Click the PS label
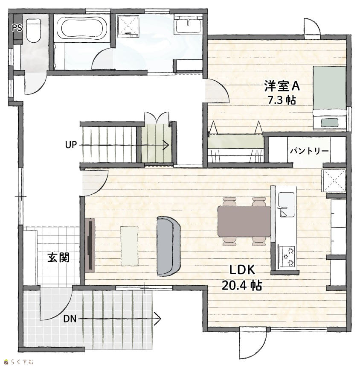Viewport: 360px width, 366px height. (17, 28)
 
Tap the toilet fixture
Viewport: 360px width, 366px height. (34, 31)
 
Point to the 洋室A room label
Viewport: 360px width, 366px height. (282, 86)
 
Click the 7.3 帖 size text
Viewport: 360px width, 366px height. (282, 100)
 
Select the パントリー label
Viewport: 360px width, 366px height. (309, 151)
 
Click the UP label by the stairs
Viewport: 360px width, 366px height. (71, 145)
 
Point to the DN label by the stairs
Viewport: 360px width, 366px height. (70, 319)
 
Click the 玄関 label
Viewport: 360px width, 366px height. (58, 257)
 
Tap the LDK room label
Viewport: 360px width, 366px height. (242, 270)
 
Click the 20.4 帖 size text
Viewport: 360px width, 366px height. (242, 285)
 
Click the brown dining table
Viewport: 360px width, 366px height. (244, 221)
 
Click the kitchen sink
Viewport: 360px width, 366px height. (286, 205)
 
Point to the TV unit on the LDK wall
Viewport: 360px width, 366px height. (90, 245)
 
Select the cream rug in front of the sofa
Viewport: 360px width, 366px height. (129, 246)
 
